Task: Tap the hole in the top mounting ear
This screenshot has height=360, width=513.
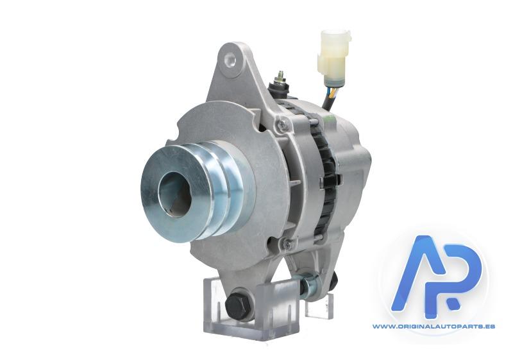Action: (x=230, y=60)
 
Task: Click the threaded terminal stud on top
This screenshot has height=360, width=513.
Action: (x=280, y=76)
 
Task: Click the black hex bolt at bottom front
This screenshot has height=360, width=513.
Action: (x=238, y=305)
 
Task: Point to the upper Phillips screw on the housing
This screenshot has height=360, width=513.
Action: (x=282, y=123)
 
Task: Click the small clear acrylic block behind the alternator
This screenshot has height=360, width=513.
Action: (x=319, y=305)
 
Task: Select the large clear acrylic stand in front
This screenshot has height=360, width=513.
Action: (x=251, y=307)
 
